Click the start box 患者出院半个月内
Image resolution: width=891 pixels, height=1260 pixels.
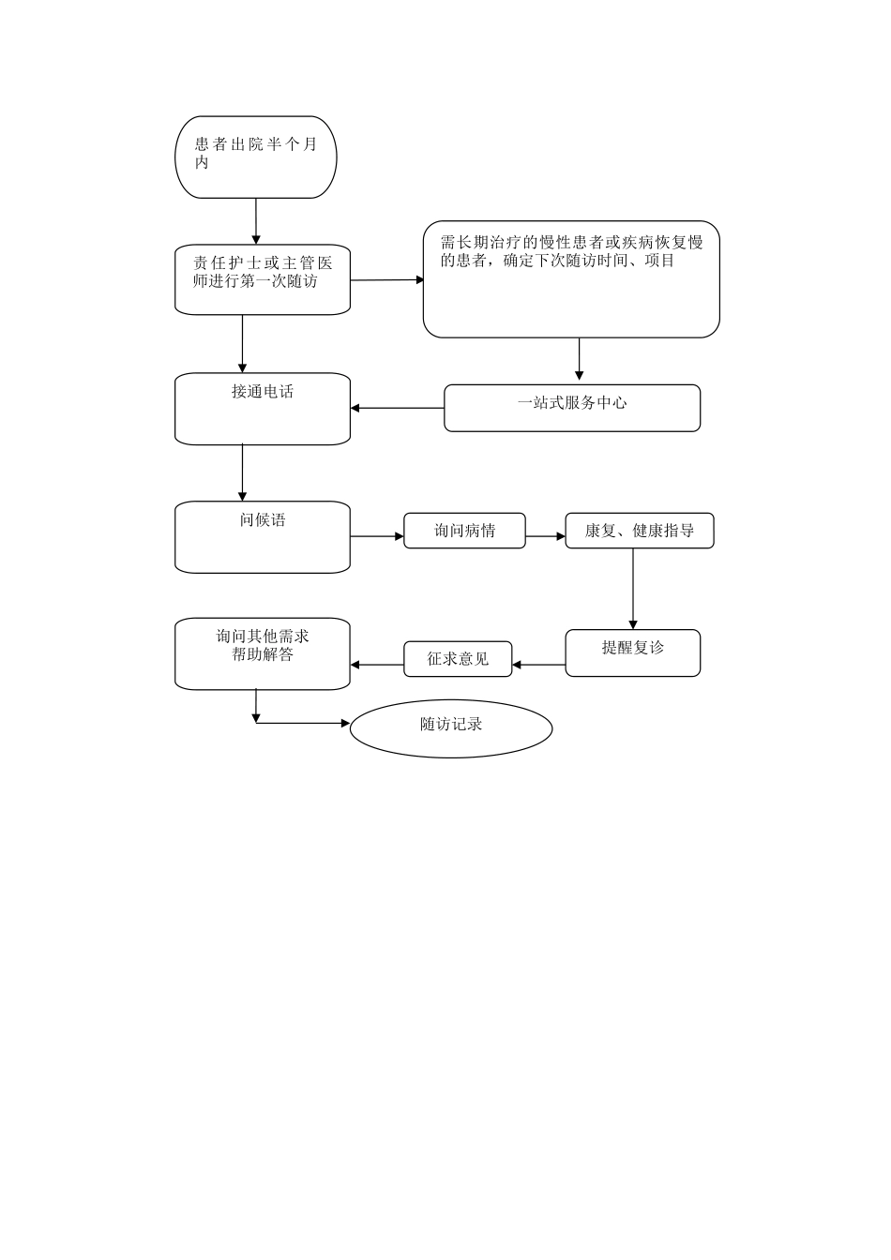point(255,157)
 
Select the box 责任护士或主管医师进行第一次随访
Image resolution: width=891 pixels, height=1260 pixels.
point(263,279)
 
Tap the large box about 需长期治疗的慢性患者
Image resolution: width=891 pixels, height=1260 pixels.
point(570,279)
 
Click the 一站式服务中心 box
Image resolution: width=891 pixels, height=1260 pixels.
point(571,408)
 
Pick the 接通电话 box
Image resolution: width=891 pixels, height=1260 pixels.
point(263,409)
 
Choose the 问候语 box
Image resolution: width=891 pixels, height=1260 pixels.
point(263,537)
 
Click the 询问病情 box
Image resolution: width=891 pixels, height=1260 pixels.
point(464,531)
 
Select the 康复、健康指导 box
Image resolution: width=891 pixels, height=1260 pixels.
point(639,531)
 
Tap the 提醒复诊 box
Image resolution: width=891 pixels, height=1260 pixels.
point(632,652)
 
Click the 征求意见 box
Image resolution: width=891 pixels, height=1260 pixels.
point(458,659)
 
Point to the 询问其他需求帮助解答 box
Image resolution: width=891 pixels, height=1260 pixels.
point(263,653)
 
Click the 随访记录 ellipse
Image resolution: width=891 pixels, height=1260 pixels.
point(451,728)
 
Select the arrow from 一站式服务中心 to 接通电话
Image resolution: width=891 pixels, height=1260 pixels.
point(397,408)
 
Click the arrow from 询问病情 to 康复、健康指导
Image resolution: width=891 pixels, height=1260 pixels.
point(545,537)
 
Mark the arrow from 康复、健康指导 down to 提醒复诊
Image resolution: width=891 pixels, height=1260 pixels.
point(633,589)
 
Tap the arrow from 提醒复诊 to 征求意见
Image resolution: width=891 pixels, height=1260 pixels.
point(539,666)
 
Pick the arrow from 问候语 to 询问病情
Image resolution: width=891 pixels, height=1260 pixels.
point(377,537)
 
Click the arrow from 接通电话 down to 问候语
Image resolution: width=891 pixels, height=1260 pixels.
point(243,472)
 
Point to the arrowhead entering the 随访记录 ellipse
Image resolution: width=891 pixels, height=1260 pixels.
point(344,723)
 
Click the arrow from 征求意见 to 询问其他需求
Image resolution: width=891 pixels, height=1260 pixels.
point(377,666)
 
